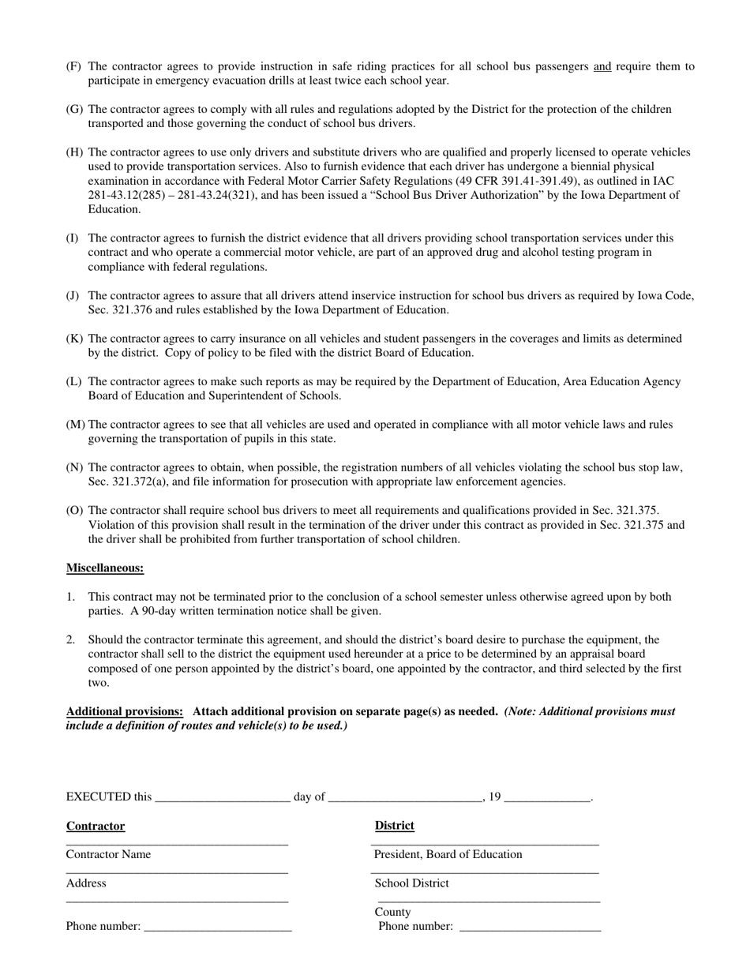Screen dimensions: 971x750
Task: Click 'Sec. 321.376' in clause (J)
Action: click(121, 310)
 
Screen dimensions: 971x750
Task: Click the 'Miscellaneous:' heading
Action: click(105, 568)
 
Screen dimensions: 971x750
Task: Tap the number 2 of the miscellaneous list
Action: click(70, 639)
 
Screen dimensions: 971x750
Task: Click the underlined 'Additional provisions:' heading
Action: click(125, 711)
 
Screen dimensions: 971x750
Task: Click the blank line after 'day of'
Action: click(404, 799)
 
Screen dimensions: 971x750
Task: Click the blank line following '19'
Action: click(546, 799)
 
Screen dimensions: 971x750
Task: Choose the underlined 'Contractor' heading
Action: click(96, 827)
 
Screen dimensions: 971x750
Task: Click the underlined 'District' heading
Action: click(394, 826)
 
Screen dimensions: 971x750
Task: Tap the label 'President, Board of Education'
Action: click(448, 854)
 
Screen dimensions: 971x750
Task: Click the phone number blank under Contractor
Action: click(218, 929)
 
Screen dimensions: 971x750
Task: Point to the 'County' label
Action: click(392, 912)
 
